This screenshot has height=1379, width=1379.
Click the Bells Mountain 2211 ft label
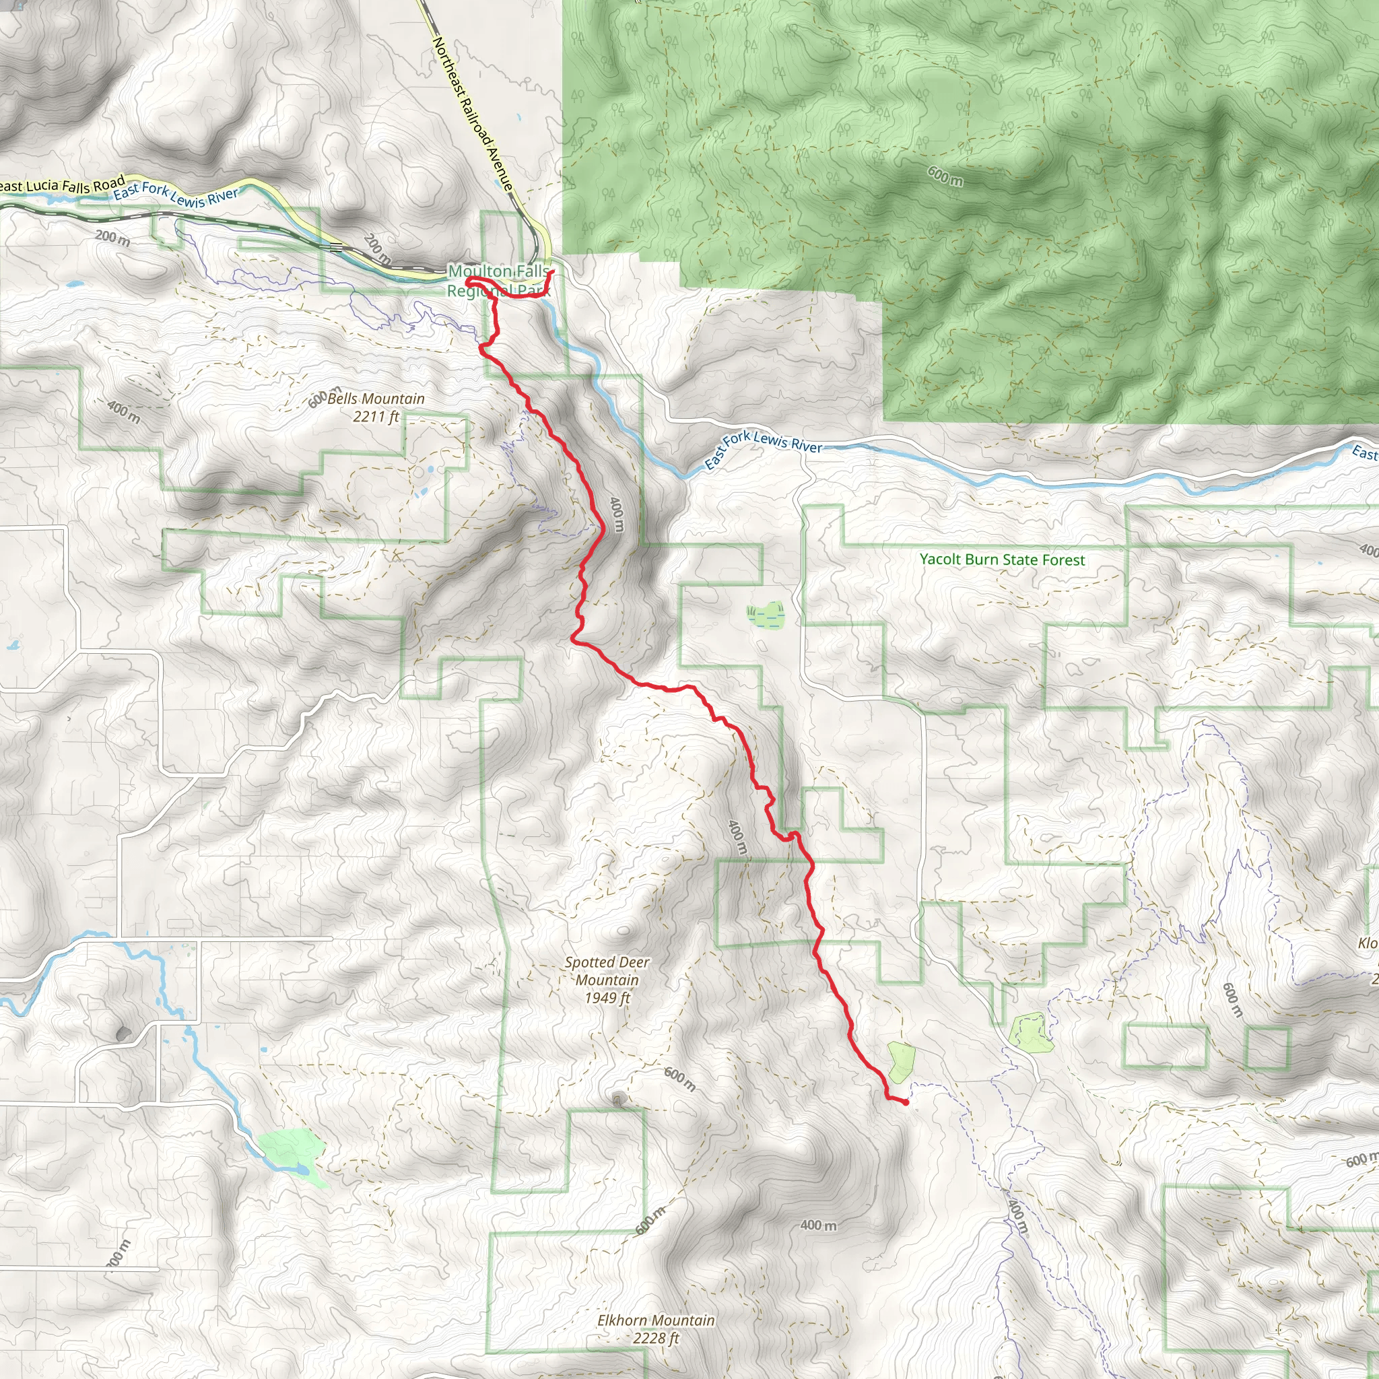pyautogui.click(x=376, y=407)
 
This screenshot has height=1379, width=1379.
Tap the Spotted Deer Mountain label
pyautogui.click(x=607, y=971)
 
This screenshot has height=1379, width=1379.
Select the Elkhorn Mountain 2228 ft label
pyautogui.click(x=656, y=1329)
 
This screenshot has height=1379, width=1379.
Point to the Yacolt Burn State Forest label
pyautogui.click(x=1002, y=560)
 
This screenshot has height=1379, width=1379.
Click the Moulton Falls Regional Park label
pyautogui.click(x=499, y=281)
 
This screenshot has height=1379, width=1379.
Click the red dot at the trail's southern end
pyautogui.click(x=906, y=1102)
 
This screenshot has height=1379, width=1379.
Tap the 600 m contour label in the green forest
pyautogui.click(x=945, y=176)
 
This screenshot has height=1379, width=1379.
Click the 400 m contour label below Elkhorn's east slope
pyautogui.click(x=818, y=1225)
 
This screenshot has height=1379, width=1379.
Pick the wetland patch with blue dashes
pyautogui.click(x=766, y=614)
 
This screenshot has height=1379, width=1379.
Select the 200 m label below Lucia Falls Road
pyautogui.click(x=112, y=237)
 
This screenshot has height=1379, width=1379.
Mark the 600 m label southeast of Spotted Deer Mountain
pyautogui.click(x=679, y=1079)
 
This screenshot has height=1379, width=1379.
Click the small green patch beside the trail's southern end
pyautogui.click(x=901, y=1060)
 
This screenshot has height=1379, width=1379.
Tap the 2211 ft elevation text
pyautogui.click(x=376, y=416)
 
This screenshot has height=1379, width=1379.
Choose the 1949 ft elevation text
pyautogui.click(x=607, y=998)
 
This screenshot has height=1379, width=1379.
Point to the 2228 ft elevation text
pyautogui.click(x=656, y=1339)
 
